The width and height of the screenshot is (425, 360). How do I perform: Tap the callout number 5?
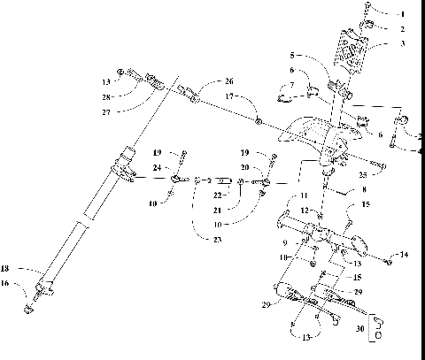[292, 56]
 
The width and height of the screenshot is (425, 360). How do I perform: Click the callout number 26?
[205, 81]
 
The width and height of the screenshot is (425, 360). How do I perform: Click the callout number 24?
[156, 166]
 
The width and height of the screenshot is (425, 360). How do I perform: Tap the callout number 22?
[218, 195]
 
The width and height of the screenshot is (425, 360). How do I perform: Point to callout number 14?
[405, 255]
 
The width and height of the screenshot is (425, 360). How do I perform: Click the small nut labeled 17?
[257, 119]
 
